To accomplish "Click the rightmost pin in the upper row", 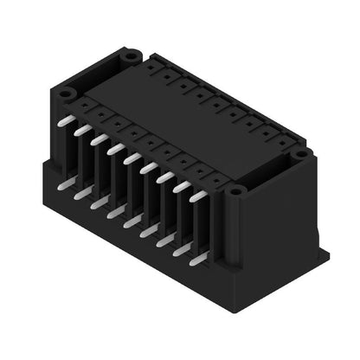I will [197, 196].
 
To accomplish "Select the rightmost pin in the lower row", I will [198, 258].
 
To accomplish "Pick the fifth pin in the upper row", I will [131, 158].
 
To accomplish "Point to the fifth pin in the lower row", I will [131, 222].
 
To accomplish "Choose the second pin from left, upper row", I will [81, 130].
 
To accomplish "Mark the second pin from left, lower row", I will [80, 193].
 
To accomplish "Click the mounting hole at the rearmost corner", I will [131, 55].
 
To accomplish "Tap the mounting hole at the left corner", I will [67, 90].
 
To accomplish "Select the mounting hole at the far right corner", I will [300, 153].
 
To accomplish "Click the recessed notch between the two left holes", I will [97, 73].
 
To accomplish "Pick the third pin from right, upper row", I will [164, 177].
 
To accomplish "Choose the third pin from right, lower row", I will [164, 240].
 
